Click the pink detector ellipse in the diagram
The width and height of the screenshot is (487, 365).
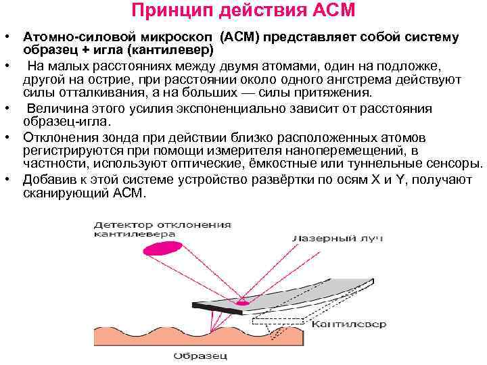(165, 249)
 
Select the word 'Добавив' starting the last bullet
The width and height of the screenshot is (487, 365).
(47, 180)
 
